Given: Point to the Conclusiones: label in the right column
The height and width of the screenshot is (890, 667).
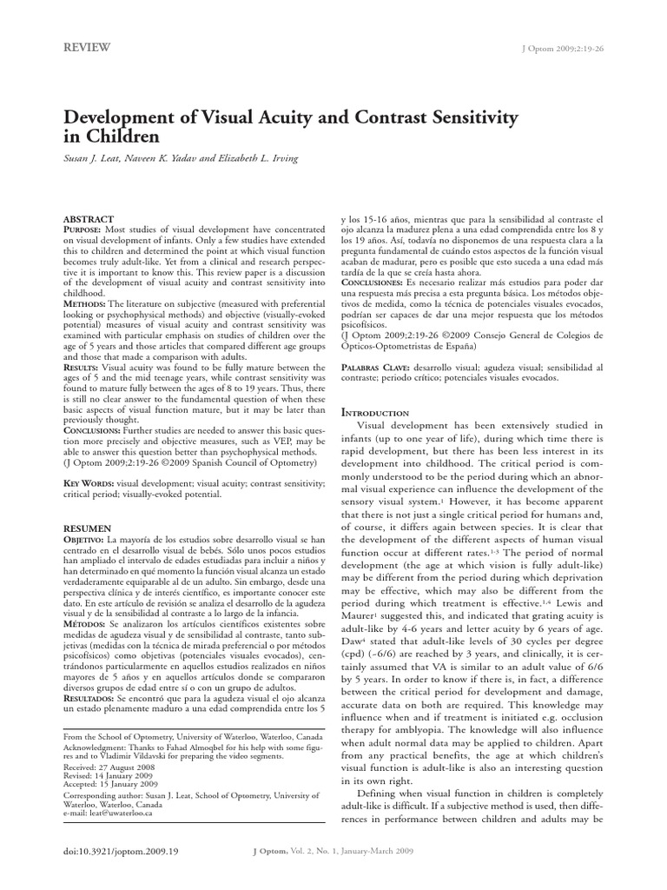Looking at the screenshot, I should [x=375, y=282].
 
